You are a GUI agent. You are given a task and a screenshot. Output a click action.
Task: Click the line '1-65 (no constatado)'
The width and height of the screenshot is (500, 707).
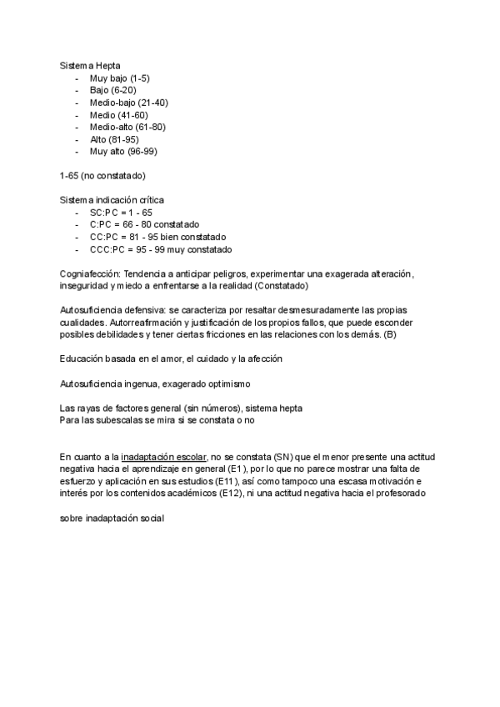point(102,176)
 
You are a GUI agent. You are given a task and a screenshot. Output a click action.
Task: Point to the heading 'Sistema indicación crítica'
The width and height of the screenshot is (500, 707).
point(112,200)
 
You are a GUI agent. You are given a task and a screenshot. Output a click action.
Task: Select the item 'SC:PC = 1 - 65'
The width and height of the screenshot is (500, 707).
point(122,213)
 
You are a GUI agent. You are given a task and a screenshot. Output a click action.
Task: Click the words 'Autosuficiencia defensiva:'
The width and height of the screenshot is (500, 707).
point(112,310)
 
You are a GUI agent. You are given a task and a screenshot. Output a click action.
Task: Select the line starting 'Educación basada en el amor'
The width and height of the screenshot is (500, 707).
point(172,359)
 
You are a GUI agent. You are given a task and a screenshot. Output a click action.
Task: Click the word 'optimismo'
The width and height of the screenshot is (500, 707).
point(242,384)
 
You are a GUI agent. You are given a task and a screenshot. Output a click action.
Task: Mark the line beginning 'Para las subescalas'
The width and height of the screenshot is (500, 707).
point(157,420)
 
